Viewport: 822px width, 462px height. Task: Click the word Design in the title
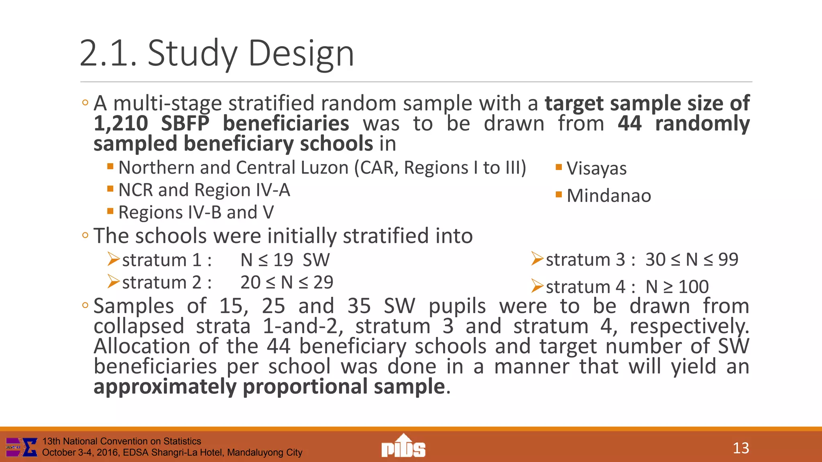(301, 53)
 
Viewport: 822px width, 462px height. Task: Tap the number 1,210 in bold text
(121, 123)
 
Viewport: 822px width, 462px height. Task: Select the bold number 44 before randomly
(629, 123)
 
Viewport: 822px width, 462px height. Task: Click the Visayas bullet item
(596, 168)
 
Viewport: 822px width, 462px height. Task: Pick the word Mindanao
(608, 196)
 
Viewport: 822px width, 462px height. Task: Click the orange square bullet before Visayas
(559, 167)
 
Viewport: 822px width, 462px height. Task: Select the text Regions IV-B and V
(196, 213)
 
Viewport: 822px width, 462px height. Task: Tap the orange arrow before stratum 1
(114, 259)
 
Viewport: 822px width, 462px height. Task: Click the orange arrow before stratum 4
(537, 286)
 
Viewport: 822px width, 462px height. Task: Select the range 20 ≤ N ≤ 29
(287, 282)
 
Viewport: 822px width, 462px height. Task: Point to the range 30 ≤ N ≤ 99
(692, 259)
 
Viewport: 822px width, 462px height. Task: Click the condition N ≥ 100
(677, 287)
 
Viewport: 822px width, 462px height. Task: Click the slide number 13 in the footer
(741, 448)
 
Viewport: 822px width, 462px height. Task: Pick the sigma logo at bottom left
(22, 447)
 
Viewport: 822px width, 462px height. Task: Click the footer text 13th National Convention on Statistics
(122, 441)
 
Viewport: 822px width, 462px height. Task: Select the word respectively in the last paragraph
(688, 326)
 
